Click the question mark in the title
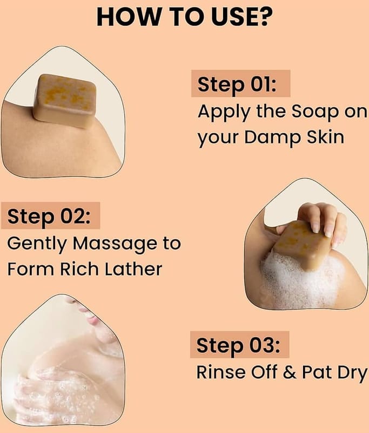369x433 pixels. pyautogui.click(x=265, y=17)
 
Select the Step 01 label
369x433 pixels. pyautogui.click(x=237, y=84)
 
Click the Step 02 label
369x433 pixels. pyautogui.click(x=49, y=216)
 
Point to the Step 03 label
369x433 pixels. pyautogui.click(x=238, y=345)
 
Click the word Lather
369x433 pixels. pyautogui.click(x=133, y=268)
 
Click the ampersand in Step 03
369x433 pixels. pyautogui.click(x=290, y=372)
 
